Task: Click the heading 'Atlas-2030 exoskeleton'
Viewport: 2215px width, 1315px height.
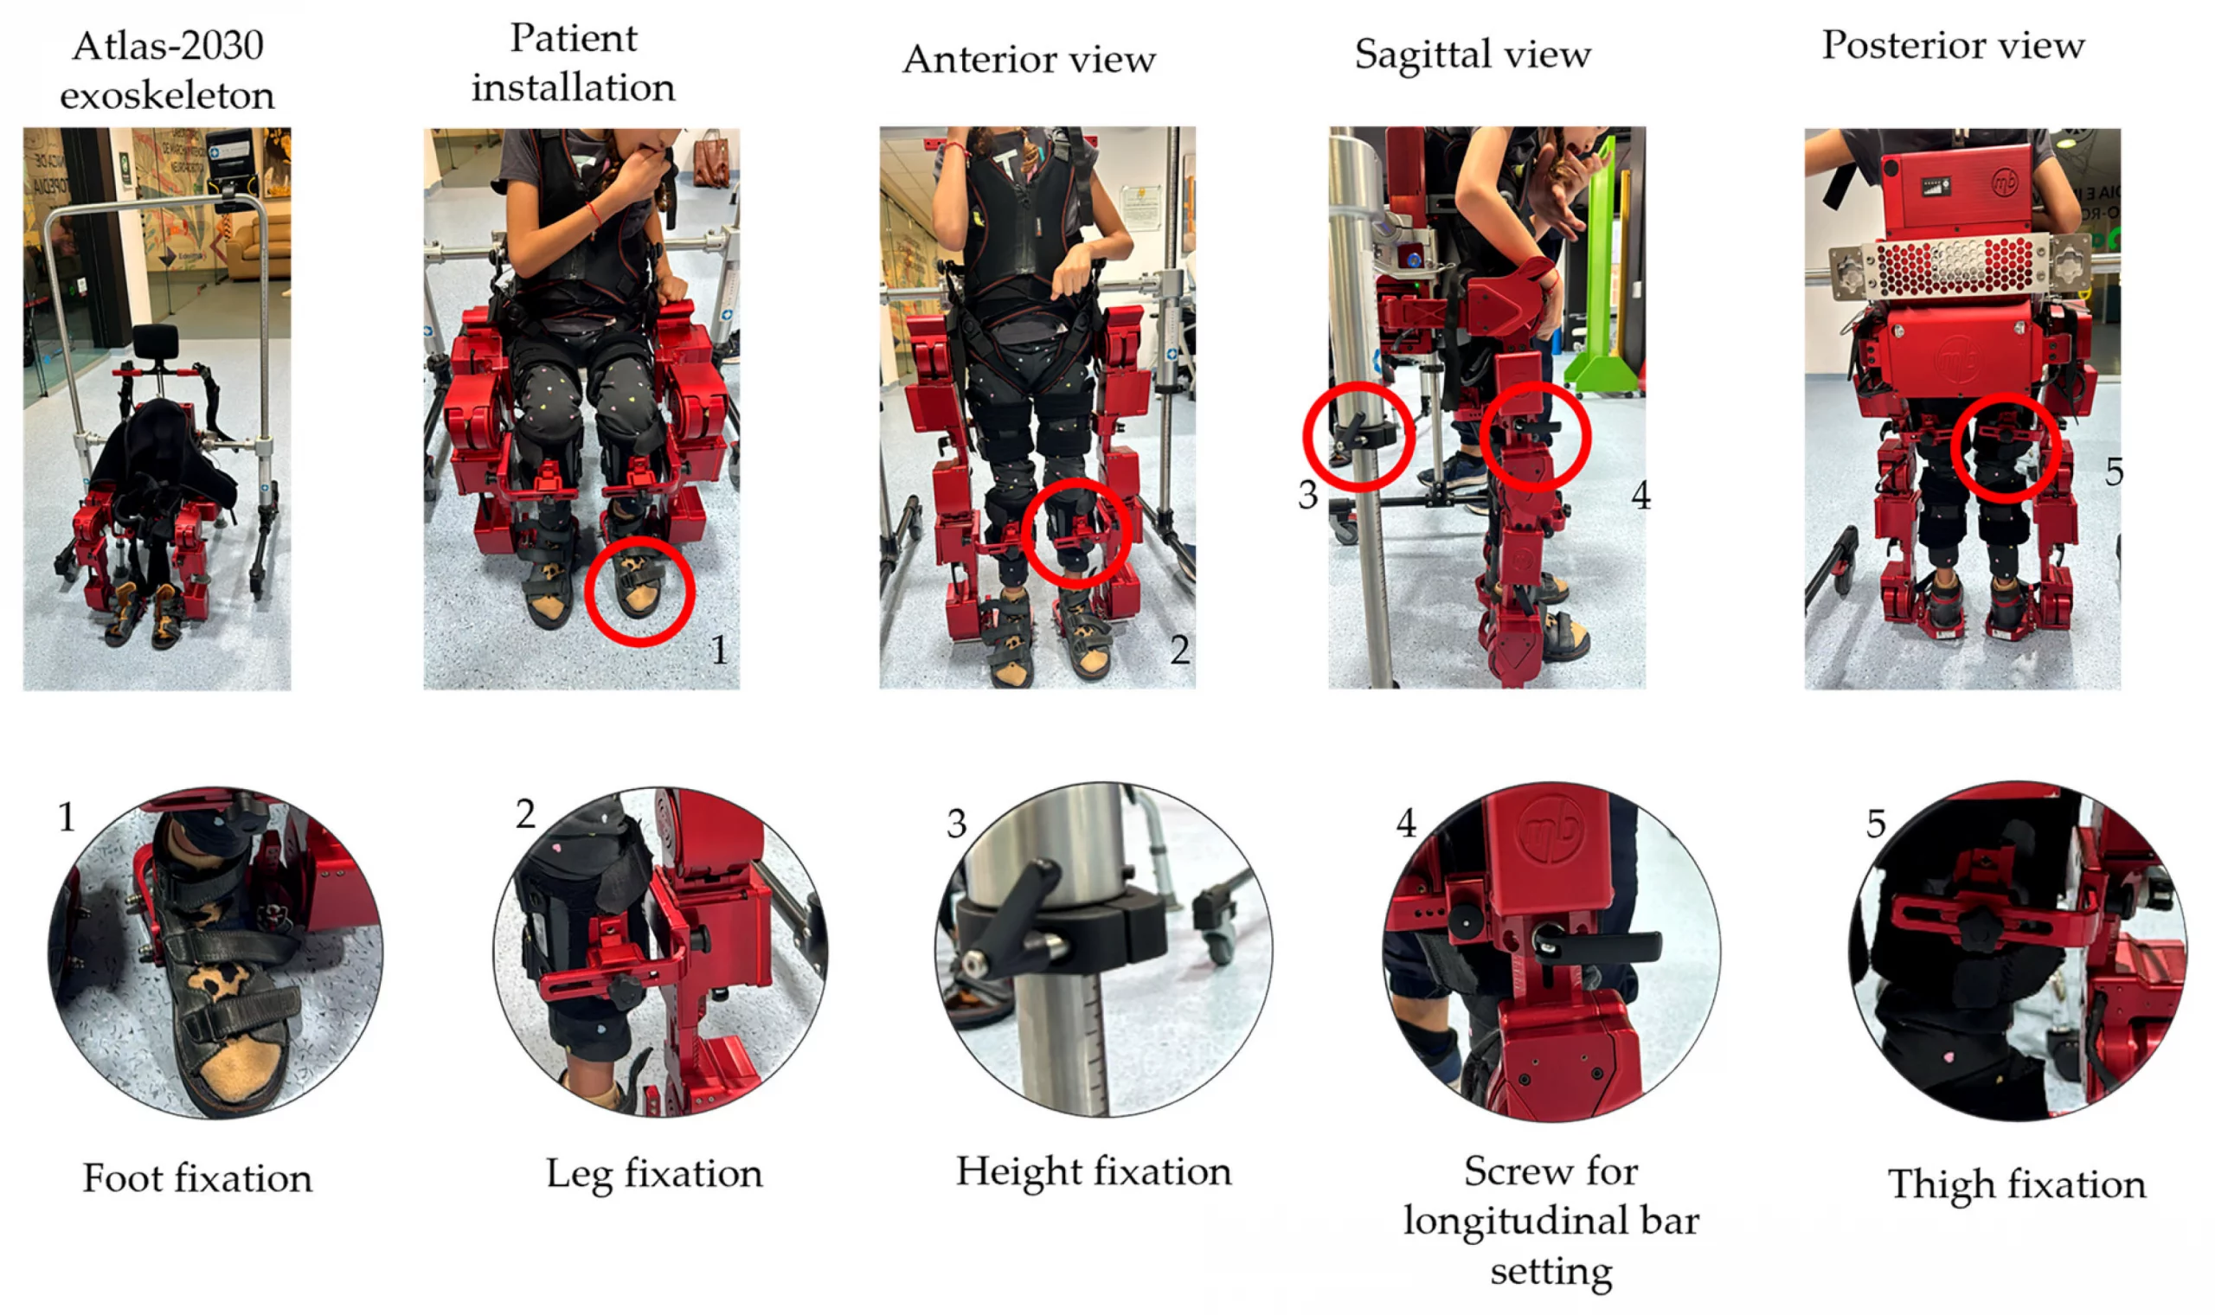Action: (167, 70)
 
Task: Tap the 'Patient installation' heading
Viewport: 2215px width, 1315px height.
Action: (574, 63)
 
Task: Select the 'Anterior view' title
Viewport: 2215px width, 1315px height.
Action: (1029, 60)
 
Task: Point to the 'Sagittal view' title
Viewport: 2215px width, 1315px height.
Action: (1473, 54)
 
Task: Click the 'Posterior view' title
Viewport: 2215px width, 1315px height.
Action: (1953, 44)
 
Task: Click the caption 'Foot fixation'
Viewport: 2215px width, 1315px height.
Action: (197, 1177)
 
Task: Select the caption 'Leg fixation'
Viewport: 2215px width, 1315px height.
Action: (654, 1173)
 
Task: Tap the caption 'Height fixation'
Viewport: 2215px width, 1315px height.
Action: (1094, 1171)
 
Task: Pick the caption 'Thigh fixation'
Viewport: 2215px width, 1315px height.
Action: (2017, 1184)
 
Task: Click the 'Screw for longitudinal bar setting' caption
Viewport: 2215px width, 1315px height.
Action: (1551, 1220)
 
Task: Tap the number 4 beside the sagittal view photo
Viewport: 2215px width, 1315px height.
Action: (1640, 496)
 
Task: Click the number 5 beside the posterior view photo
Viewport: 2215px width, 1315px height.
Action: (2114, 471)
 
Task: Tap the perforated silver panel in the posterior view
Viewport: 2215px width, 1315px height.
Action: (1960, 265)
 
